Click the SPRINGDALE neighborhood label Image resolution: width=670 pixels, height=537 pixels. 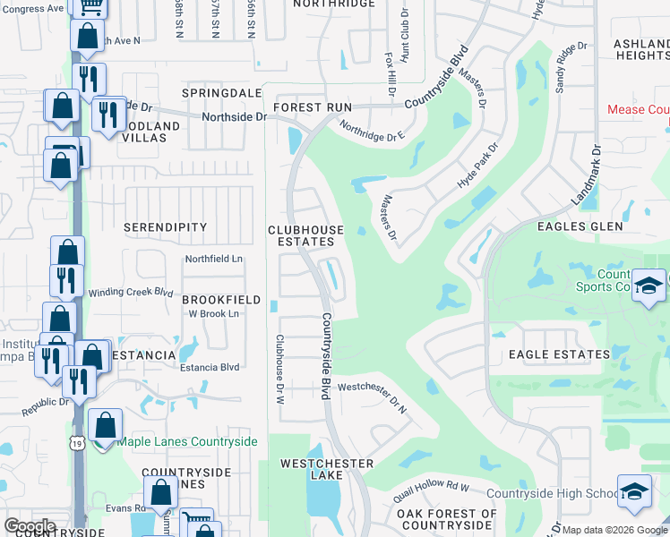pos(221,93)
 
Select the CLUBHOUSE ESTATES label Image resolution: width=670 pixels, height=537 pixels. pos(305,236)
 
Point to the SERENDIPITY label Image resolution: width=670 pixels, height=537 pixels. pos(165,228)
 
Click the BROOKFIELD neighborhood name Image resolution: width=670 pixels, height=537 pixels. pos(221,300)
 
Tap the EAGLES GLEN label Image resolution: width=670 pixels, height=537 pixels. pos(580,227)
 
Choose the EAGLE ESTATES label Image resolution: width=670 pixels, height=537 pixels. pos(559,354)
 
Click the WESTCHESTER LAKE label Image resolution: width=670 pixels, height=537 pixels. pos(326,470)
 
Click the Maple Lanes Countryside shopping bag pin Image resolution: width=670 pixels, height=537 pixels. pos(106,425)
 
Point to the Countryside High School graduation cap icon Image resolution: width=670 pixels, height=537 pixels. pos(634,491)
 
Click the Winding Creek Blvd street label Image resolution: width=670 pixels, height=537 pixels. pos(130,293)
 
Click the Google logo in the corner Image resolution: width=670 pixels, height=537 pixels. pos(30,526)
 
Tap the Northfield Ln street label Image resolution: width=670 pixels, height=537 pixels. pos(214,260)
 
